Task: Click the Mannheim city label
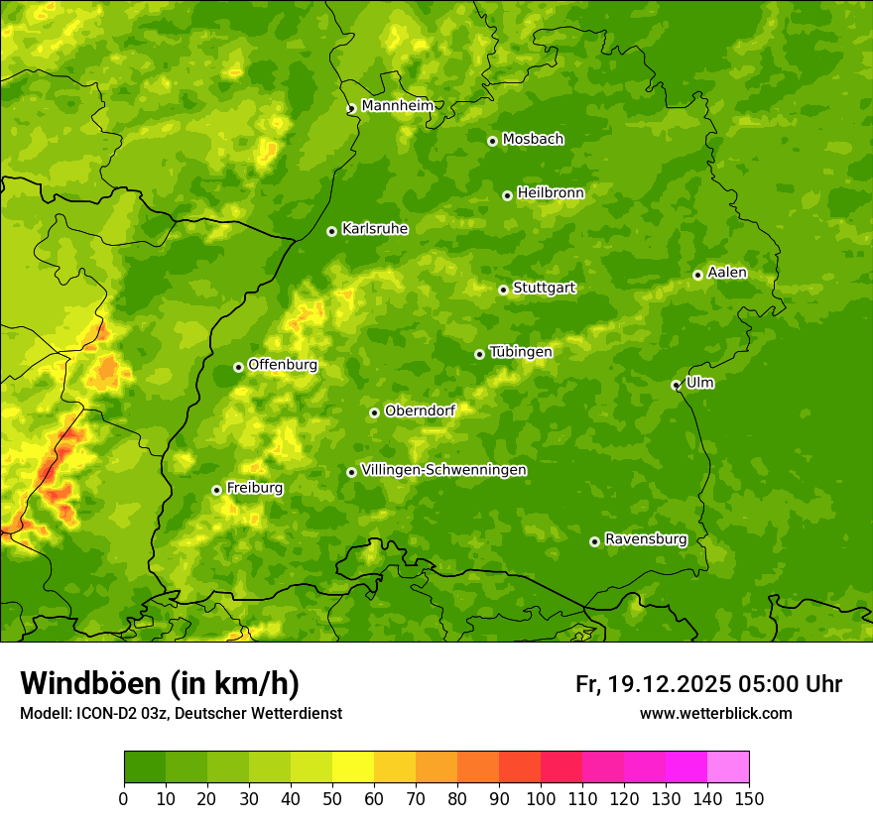399,106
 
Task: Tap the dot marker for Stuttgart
503,290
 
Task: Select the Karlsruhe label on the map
374,229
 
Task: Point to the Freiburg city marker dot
216,490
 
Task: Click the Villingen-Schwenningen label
443,470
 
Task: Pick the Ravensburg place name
645,539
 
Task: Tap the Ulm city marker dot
676,385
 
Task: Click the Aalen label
727,273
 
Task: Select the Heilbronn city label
551,193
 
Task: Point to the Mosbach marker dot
492,141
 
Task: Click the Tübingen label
520,352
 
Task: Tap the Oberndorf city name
420,411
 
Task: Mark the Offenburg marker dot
238,367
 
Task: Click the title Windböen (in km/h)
159,683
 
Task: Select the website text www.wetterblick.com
715,713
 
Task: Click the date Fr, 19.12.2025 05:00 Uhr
708,684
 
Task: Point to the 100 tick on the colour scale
541,798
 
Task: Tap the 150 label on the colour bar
749,798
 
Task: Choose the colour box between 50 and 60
353,767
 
